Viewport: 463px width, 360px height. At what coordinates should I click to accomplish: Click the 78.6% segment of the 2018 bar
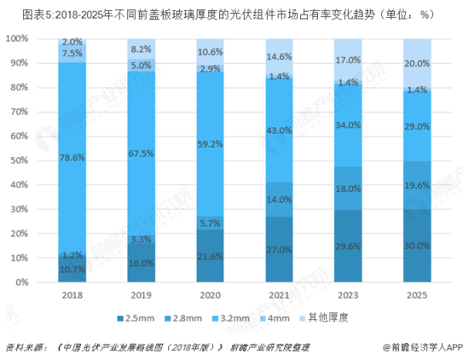coord(72,158)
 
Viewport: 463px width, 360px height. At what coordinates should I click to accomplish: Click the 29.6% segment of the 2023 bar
coord(349,247)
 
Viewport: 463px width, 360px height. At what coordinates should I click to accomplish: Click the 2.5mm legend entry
coord(138,317)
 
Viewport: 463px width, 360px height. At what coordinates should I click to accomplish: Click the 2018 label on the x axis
coord(72,295)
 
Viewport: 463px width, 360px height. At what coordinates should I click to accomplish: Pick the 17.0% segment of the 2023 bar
coord(349,60)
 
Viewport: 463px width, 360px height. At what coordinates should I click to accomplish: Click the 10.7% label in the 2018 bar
coord(72,269)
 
